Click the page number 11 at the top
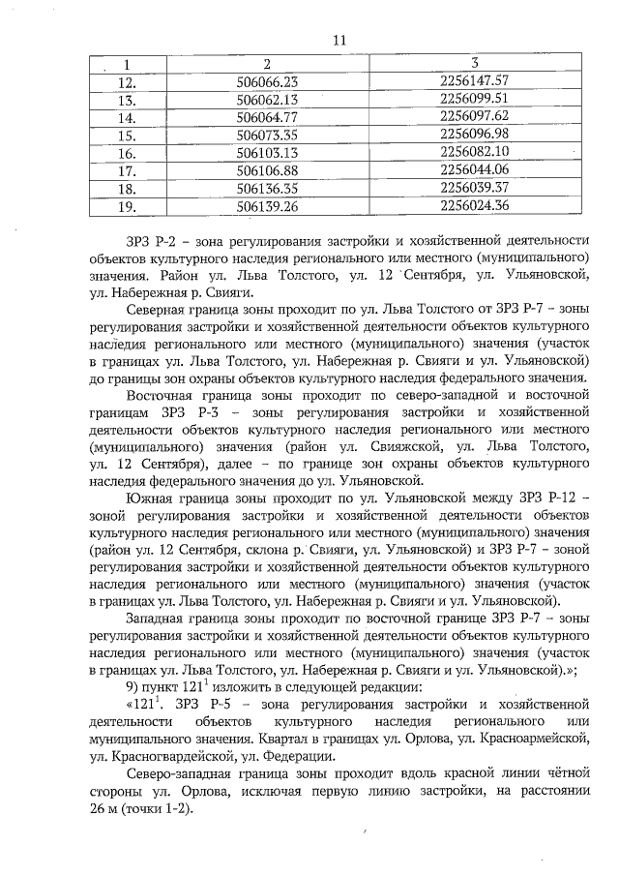coord(338,41)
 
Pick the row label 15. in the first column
coord(125,135)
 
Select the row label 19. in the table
coord(125,206)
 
